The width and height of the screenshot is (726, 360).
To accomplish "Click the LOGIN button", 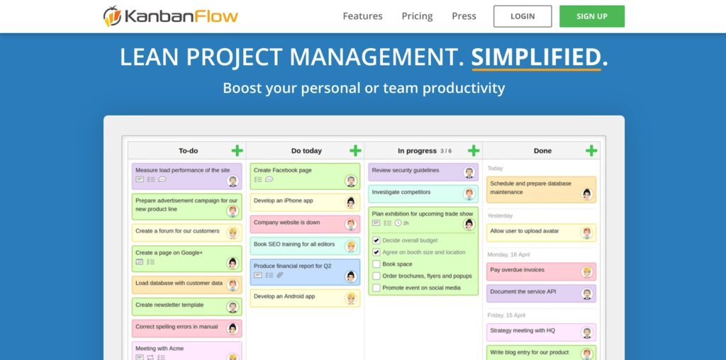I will coord(523,16).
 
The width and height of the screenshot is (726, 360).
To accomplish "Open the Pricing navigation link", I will coord(417,16).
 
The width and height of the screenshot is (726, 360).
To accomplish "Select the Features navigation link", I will coord(362,16).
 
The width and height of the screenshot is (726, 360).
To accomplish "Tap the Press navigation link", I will coord(464,16).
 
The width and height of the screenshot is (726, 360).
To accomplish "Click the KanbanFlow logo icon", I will coord(112,16).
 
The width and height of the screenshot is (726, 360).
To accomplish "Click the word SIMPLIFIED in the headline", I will coord(536,57).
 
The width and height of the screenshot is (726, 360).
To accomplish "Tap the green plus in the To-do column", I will coord(237,150).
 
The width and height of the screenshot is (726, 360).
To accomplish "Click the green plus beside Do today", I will coord(355,150).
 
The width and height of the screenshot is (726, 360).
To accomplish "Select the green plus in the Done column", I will coord(591,150).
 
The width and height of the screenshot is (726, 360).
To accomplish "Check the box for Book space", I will coord(376,264).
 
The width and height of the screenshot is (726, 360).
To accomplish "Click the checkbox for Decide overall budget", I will coord(376,240).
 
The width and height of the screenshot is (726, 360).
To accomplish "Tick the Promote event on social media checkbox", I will coord(376,288).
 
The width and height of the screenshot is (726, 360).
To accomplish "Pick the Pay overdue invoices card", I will coord(532,271).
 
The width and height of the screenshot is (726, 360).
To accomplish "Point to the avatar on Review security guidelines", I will coord(469,172).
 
